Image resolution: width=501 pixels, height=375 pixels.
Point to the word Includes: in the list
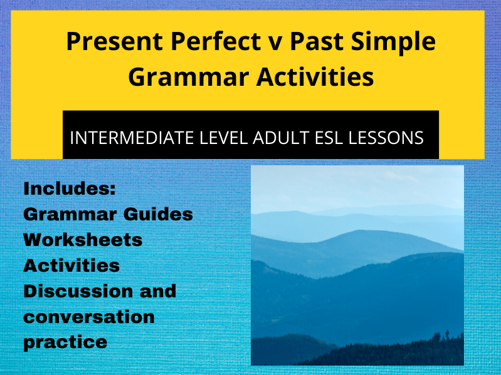(70, 189)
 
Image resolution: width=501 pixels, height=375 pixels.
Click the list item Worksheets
(83, 240)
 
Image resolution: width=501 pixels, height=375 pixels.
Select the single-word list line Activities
(71, 265)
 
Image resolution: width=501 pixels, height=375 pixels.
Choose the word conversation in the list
(88, 317)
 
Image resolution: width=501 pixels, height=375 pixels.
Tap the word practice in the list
(65, 342)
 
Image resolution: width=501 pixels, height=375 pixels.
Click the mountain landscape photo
(357, 265)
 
